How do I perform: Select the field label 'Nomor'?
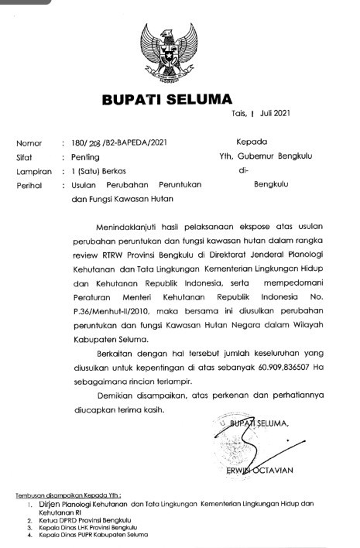29,142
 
